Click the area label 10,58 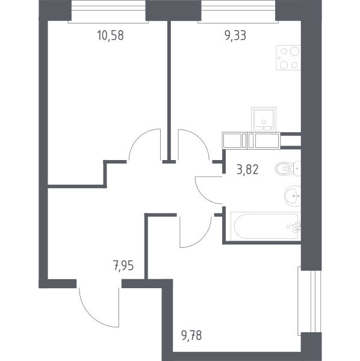tap(111, 35)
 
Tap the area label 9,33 tap(235, 35)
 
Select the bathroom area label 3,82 tap(247, 170)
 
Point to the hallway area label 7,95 tap(123, 266)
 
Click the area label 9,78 tap(191, 336)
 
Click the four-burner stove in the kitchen tap(288, 58)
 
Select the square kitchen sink tap(264, 119)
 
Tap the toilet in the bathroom tap(288, 168)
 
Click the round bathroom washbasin tap(293, 196)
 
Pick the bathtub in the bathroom tap(266, 226)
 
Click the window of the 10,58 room tap(108, 11)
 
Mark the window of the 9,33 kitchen tap(238, 11)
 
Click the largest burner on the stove tap(294, 51)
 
